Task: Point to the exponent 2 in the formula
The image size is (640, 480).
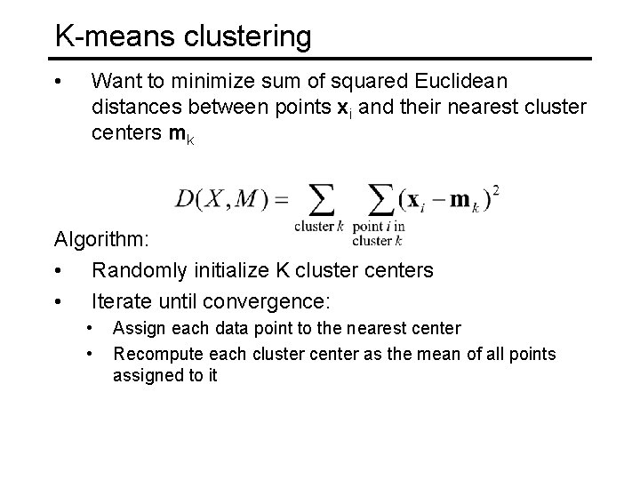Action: [495, 188]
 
